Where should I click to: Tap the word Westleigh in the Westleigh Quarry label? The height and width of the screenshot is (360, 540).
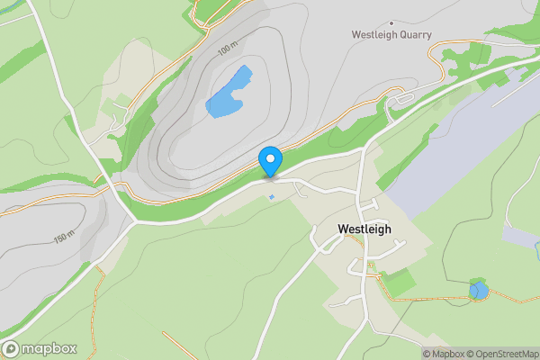(x=372, y=35)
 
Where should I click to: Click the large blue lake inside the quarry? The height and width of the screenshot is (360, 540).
(x=229, y=94)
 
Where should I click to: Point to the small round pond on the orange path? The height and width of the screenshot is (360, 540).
(x=479, y=291)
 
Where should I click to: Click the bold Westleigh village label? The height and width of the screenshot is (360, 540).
(x=364, y=229)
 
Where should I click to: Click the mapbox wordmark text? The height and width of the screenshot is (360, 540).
(x=49, y=349)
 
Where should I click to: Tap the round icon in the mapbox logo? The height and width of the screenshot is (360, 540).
(x=11, y=349)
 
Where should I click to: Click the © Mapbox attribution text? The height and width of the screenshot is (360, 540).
(x=444, y=354)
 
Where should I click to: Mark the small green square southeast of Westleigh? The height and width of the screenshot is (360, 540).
(x=400, y=282)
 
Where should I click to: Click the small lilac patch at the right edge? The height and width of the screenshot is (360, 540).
(x=522, y=236)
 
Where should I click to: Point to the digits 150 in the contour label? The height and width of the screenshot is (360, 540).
(x=61, y=238)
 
